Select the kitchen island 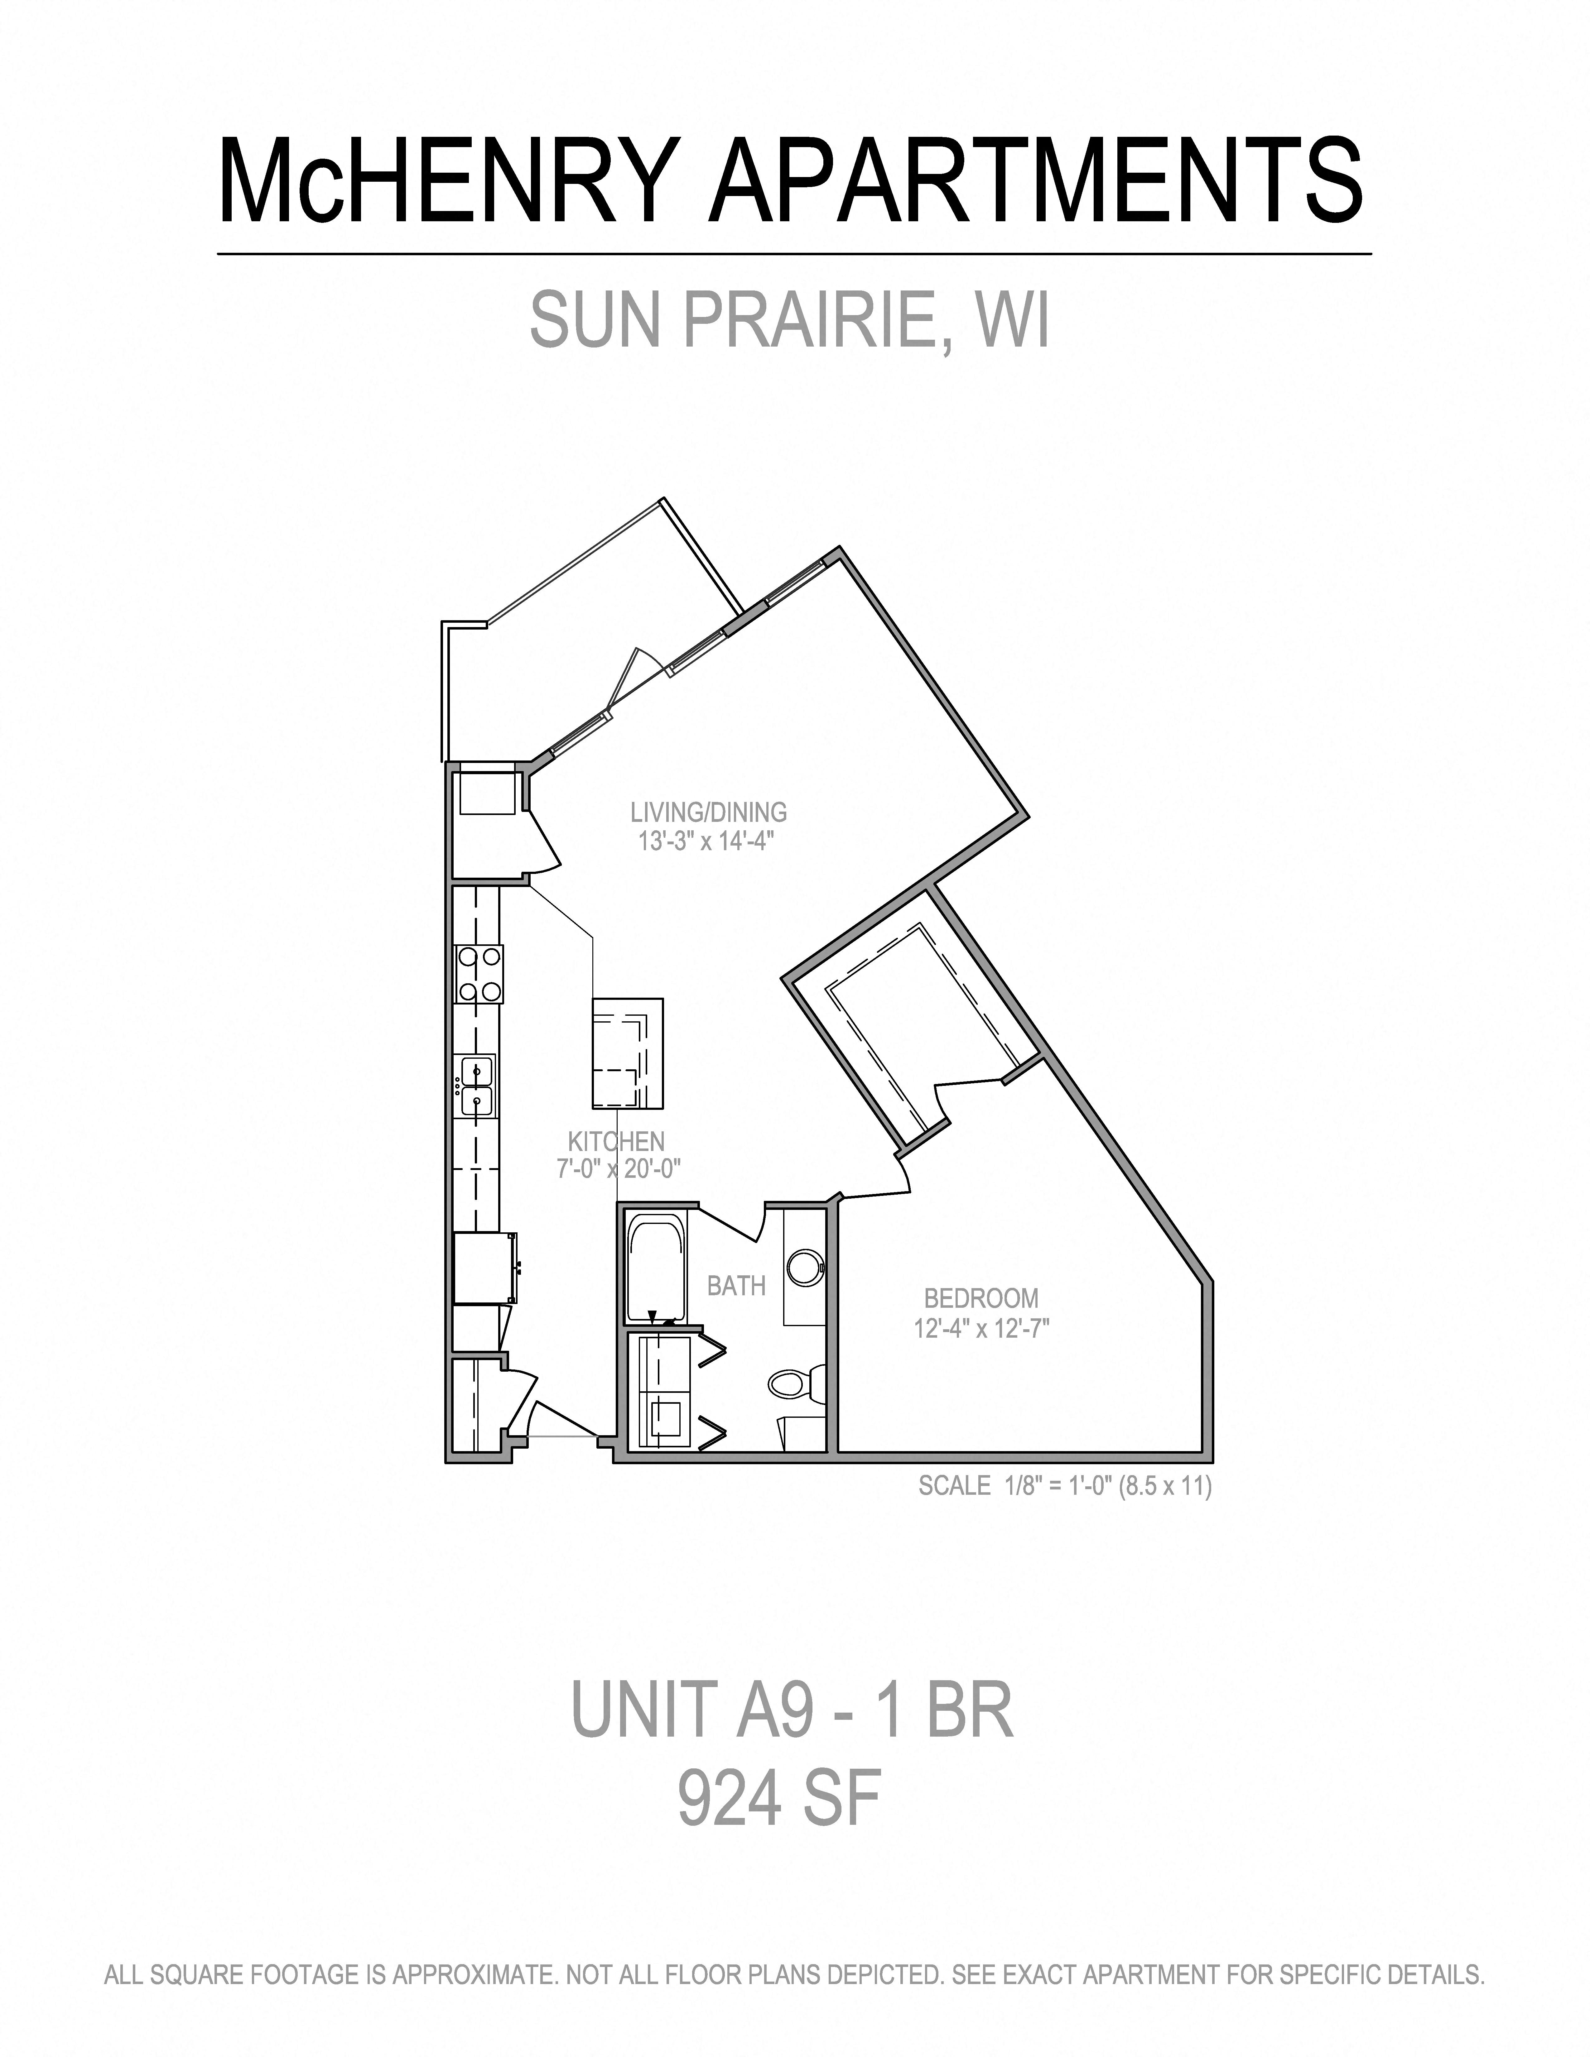pyautogui.click(x=626, y=1053)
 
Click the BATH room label pyautogui.click(x=736, y=1286)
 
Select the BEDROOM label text pyautogui.click(x=980, y=1299)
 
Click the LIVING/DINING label pyautogui.click(x=708, y=812)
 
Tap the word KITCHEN pyautogui.click(x=616, y=1142)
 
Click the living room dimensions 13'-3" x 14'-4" pyautogui.click(x=706, y=841)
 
